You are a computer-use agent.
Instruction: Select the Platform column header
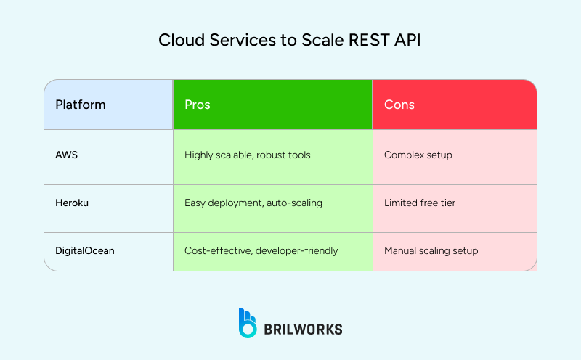(x=81, y=105)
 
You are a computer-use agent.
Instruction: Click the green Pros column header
(x=198, y=105)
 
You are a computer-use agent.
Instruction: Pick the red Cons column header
(x=399, y=105)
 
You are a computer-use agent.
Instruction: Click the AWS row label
(x=65, y=155)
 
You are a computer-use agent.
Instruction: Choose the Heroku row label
(x=70, y=202)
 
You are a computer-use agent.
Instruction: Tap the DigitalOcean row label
(x=85, y=250)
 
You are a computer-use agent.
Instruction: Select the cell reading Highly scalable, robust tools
(x=248, y=155)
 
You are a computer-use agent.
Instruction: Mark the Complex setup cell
(x=417, y=155)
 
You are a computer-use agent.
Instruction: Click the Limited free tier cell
(x=420, y=202)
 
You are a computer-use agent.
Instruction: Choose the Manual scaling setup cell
(x=431, y=250)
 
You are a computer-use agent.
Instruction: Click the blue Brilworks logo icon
(x=248, y=323)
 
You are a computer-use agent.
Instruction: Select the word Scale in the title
(x=320, y=41)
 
